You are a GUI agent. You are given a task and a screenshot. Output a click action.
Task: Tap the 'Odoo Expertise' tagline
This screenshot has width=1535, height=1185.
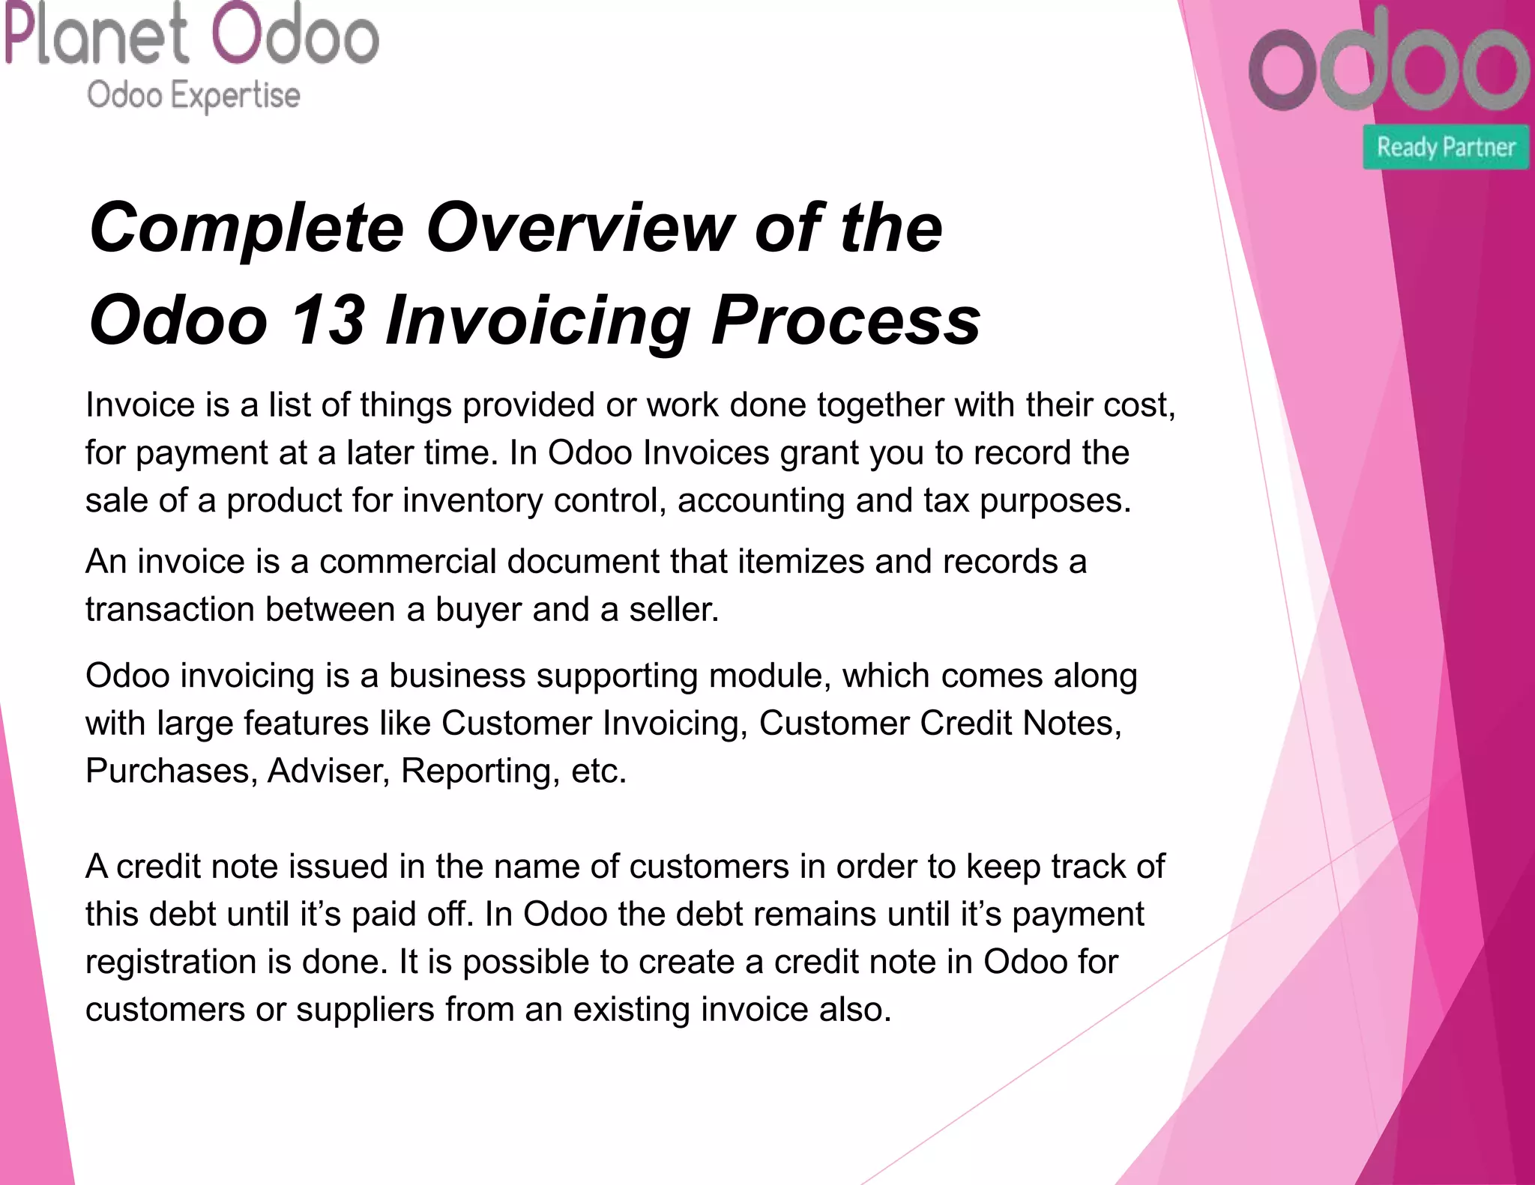(193, 96)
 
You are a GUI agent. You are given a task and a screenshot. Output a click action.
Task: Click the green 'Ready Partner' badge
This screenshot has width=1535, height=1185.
(1446, 147)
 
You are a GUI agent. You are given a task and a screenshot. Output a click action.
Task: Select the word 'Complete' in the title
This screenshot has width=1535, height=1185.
(247, 228)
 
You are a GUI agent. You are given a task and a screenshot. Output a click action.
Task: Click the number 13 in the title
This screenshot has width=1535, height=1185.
(328, 321)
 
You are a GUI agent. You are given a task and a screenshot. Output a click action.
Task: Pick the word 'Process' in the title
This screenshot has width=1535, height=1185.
(845, 321)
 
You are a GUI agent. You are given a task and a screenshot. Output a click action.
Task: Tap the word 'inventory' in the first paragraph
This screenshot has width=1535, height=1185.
(472, 500)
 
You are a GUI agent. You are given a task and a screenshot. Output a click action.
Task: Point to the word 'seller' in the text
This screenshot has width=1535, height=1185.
(669, 609)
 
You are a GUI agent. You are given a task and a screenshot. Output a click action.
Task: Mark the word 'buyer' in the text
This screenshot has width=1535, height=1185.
(478, 609)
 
